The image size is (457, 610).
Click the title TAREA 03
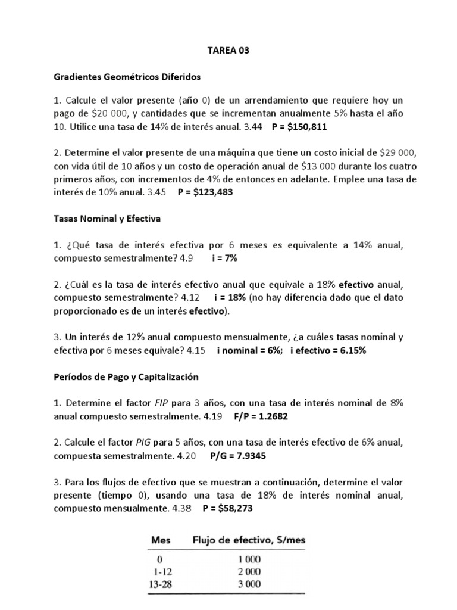(228, 51)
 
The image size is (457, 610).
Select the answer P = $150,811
(299, 127)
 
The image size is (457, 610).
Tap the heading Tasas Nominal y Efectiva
(107, 219)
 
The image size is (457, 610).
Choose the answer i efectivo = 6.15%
(328, 350)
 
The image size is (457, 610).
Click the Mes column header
(161, 540)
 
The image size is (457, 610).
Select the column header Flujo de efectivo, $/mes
(248, 540)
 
